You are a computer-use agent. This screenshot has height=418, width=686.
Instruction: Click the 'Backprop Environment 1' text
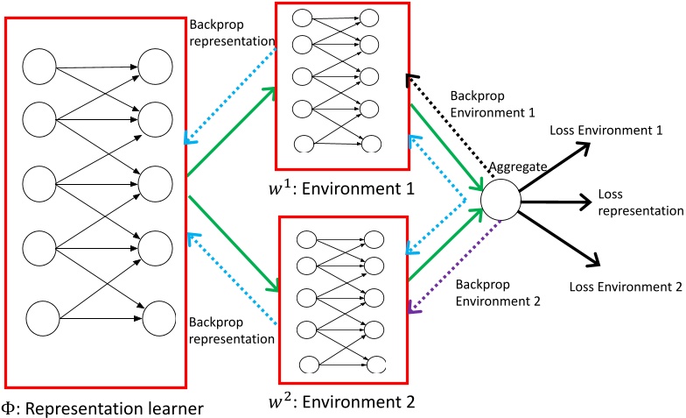pos(486,103)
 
